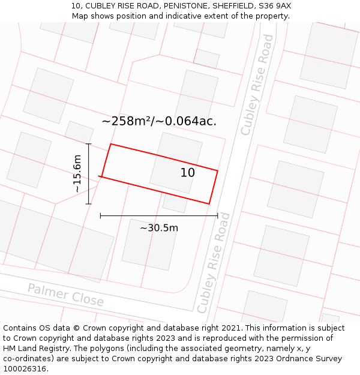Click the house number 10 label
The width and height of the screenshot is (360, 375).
[187, 173]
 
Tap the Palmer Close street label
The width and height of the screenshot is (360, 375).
[65, 295]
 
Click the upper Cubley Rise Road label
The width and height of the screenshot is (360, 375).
[257, 85]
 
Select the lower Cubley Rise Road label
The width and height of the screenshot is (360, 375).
[214, 262]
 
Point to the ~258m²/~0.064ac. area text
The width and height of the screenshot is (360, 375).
[159, 121]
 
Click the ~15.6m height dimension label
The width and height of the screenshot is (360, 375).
[77, 173]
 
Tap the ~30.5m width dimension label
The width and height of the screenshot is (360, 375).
[159, 228]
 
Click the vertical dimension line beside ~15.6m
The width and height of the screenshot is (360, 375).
[89, 173]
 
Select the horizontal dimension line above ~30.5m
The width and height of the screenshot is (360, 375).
[159, 215]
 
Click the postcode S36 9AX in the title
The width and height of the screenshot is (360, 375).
[275, 6]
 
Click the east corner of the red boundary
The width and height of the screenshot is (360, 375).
[217, 171]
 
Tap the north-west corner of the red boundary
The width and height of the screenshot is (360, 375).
[111, 144]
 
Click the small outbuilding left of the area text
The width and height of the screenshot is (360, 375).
[79, 132]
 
